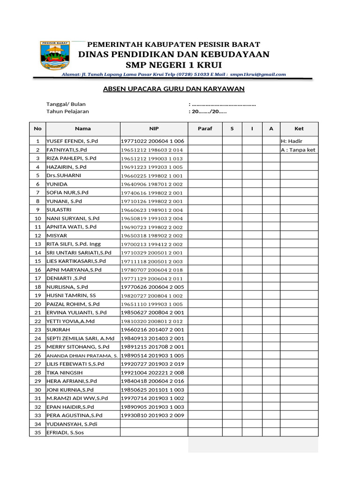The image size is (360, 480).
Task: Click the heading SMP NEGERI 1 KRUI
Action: click(173, 65)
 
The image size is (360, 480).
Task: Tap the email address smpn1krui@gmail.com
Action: click(258, 74)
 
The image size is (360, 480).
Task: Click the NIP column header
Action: click(154, 128)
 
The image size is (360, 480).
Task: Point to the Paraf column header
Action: click(205, 128)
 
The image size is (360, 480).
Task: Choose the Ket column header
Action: click(299, 128)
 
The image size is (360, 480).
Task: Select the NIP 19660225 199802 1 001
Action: click(152, 175)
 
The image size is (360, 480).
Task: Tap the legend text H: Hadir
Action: click(292, 141)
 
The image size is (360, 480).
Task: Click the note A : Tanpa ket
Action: click(298, 150)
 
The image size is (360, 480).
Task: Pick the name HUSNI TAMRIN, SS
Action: click(71, 295)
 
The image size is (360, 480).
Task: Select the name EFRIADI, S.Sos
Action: click(65, 433)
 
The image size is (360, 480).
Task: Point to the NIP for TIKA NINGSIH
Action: click(152, 373)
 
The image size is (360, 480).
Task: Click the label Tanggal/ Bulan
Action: click(66, 104)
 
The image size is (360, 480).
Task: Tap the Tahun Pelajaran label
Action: click(67, 112)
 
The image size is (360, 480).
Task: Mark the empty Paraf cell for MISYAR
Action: click(205, 235)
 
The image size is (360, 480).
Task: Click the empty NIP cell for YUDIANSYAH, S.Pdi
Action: click(154, 424)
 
